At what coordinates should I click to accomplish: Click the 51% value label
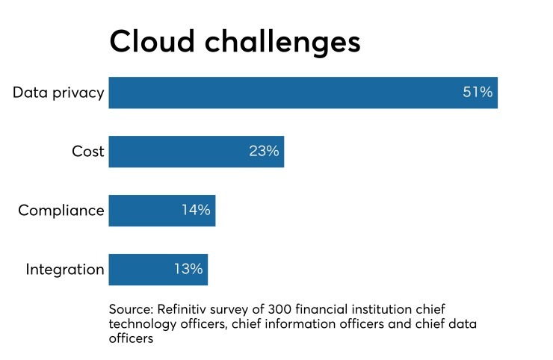coord(478,93)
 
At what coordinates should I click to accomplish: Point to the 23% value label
coord(264,152)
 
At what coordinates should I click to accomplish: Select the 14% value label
coord(196,211)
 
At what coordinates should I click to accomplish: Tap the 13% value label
coord(188,270)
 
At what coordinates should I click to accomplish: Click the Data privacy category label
coord(58,93)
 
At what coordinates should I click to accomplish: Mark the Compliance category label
coord(61,211)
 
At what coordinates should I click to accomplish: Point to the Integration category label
coord(65,270)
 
